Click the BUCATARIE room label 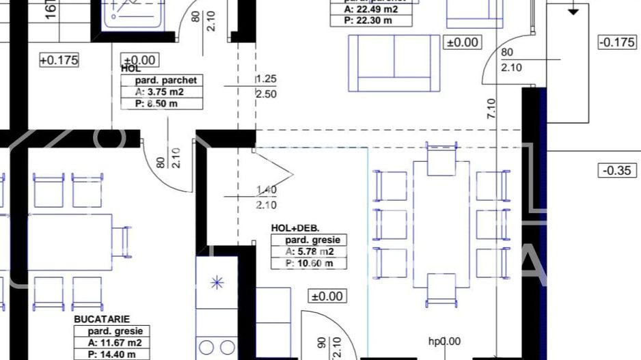tap(102, 319)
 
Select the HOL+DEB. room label tap(296, 228)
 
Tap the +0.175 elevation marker tap(59, 60)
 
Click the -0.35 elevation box tap(616, 170)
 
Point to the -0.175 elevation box tap(616, 42)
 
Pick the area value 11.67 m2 tap(114, 343)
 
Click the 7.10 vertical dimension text tap(491, 109)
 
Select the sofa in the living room tap(394, 63)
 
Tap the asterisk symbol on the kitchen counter tap(217, 283)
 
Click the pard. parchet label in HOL tap(163, 81)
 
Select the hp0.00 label tap(444, 342)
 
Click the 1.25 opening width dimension tap(266, 80)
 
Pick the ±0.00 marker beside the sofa tap(463, 42)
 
